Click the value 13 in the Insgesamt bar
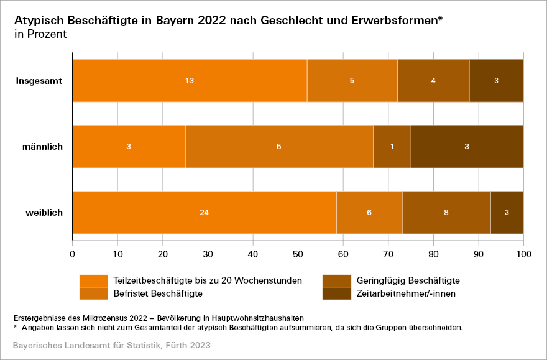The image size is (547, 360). (x=190, y=81)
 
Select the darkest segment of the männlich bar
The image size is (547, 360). (x=467, y=147)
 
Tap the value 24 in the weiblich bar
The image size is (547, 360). (x=204, y=213)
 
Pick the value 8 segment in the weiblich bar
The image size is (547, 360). (x=446, y=213)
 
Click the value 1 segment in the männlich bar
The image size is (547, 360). (x=392, y=147)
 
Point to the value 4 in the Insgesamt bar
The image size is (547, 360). (x=433, y=81)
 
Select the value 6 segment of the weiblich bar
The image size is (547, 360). (x=369, y=213)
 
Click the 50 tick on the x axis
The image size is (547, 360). (x=298, y=254)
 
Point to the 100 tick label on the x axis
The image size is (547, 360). (x=523, y=254)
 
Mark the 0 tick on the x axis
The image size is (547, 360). (x=73, y=254)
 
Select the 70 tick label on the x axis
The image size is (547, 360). (x=388, y=254)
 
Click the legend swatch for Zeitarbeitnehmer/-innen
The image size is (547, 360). (x=336, y=293)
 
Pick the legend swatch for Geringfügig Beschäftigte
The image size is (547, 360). (x=336, y=280)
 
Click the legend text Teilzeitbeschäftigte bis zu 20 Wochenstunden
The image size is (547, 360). (x=208, y=280)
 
